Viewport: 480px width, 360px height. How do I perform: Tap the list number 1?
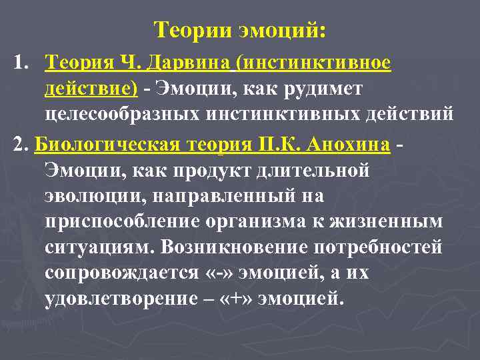point(19,63)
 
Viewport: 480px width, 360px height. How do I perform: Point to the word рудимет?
point(321,89)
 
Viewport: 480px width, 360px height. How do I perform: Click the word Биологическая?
point(103,145)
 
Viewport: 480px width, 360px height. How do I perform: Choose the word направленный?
point(225,196)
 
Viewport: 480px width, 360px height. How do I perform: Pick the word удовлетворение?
point(122,299)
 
